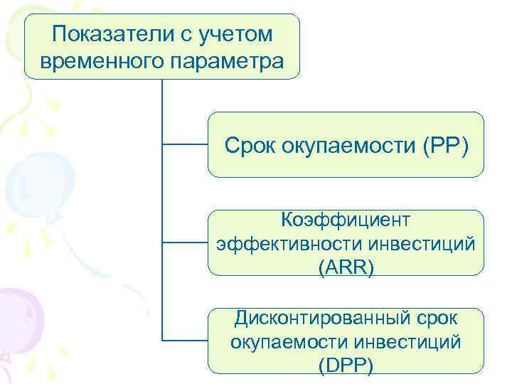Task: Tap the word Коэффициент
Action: (x=346, y=216)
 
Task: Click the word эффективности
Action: (x=291, y=243)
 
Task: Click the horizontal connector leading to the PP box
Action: (x=185, y=144)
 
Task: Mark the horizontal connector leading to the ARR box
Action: (x=185, y=242)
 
